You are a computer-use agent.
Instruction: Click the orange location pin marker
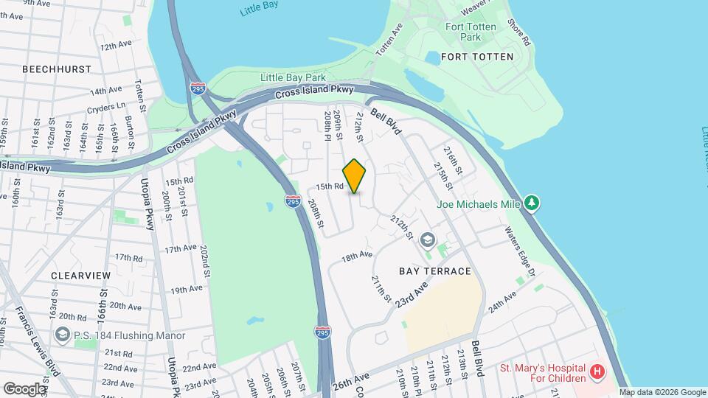354,176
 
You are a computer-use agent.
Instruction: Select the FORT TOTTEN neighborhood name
476,57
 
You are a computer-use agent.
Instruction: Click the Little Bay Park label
287,77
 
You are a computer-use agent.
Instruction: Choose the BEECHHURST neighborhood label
57,69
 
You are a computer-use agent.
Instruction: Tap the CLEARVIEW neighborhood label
80,275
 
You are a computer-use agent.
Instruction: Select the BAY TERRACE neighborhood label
434,271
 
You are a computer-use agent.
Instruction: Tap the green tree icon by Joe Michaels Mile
531,202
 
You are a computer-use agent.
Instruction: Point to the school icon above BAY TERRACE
427,240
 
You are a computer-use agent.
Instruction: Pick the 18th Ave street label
356,256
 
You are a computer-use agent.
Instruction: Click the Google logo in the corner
24,388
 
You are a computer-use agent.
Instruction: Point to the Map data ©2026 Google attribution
662,392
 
